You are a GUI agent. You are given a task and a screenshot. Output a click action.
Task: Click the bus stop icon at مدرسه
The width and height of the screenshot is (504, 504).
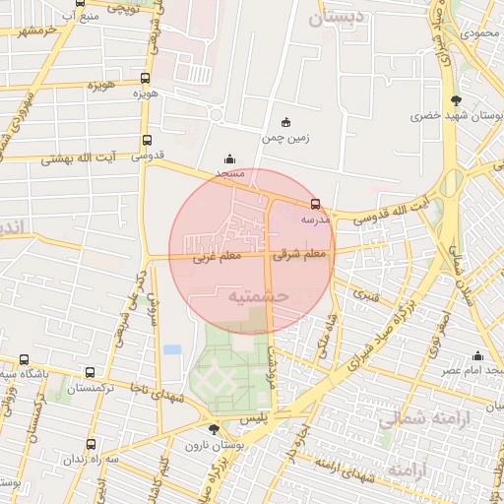pyautogui.click(x=315, y=204)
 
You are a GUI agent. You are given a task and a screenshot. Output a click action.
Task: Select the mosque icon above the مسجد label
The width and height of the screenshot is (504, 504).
pyautogui.click(x=230, y=158)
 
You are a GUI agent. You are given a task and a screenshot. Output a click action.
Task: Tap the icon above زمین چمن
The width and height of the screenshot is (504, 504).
pyautogui.click(x=286, y=122)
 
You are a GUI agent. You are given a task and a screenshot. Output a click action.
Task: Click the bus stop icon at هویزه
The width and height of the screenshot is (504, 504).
pyautogui.click(x=146, y=78)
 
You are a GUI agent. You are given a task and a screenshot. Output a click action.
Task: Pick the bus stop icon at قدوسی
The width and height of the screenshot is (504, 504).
pyautogui.click(x=147, y=141)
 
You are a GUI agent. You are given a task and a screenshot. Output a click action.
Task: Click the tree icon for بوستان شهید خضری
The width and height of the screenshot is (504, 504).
pyautogui.click(x=455, y=100)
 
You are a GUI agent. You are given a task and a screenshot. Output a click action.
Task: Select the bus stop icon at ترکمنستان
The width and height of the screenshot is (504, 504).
pyautogui.click(x=91, y=373)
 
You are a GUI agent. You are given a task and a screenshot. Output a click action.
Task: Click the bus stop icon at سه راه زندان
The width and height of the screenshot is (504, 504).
pyautogui.click(x=92, y=444)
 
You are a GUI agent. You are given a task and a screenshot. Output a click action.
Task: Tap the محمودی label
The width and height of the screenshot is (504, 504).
pyautogui.click(x=480, y=34)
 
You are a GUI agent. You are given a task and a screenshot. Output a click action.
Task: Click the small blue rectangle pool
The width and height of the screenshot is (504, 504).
pyautogui.click(x=172, y=349)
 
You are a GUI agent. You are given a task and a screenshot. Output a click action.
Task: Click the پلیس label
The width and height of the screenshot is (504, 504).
pyautogui.click(x=255, y=418)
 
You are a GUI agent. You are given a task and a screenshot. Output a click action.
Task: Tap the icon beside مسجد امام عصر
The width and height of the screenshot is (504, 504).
pyautogui.click(x=478, y=355)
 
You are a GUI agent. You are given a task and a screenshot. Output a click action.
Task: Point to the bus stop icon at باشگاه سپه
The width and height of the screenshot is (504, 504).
pyautogui.click(x=25, y=360)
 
